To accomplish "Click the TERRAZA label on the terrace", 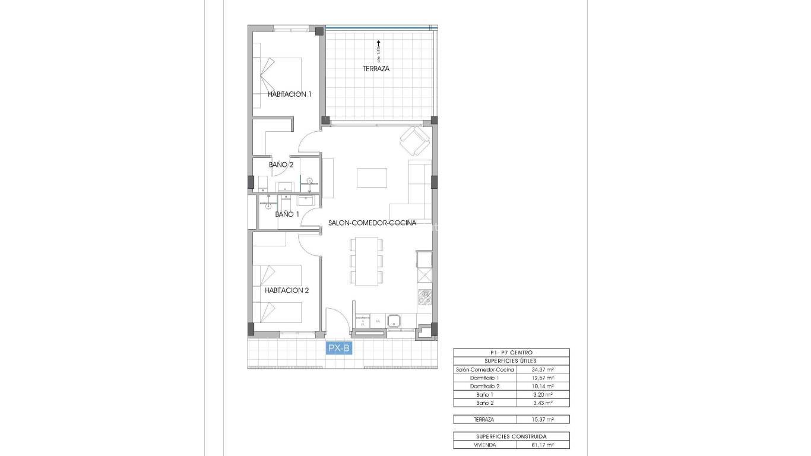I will point(376,68).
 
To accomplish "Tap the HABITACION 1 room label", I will point(289,94).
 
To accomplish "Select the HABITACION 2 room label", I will point(287,290).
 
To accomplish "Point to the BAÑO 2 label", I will point(281,164).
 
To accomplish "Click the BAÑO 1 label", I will point(287,214).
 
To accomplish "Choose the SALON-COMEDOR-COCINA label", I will point(372,223).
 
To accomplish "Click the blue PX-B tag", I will point(339,349).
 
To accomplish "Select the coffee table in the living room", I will point(372,178).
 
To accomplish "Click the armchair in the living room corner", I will point(414,141).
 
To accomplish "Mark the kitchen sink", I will point(394,321).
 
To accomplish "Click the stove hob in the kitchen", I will point(424,297).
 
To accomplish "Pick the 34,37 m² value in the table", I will point(542,369).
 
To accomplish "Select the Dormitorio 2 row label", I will point(484,386).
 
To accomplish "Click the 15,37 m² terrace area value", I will point(542,419).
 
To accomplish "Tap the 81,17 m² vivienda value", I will point(542,444).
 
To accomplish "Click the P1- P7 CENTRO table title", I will point(511,352).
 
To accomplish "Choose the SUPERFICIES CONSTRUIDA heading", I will point(511,436).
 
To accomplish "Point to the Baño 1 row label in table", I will point(484,394).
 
